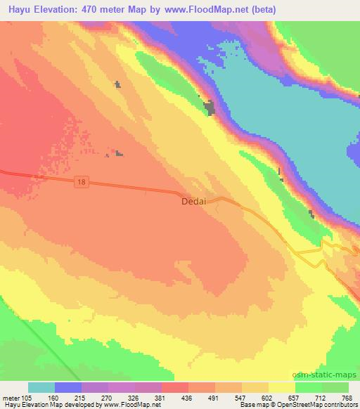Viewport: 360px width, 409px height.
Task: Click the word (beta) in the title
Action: pyautogui.click(x=260, y=10)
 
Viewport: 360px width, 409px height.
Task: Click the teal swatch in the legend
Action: pyautogui.click(x=41, y=387)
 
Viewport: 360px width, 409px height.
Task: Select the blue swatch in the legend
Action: pyautogui.click(x=68, y=387)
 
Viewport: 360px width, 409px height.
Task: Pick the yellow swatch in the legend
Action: pyautogui.click(x=282, y=387)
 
